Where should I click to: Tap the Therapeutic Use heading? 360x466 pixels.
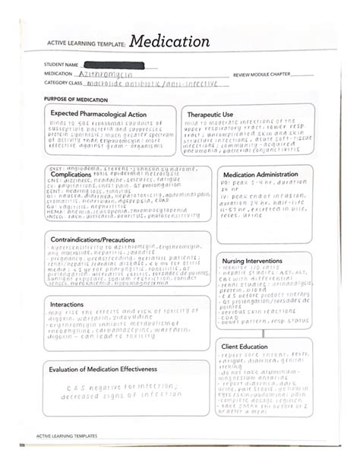point(212,114)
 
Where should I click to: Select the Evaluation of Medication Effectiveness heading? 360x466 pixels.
point(103,369)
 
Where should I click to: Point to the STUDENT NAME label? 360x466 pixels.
point(62,65)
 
